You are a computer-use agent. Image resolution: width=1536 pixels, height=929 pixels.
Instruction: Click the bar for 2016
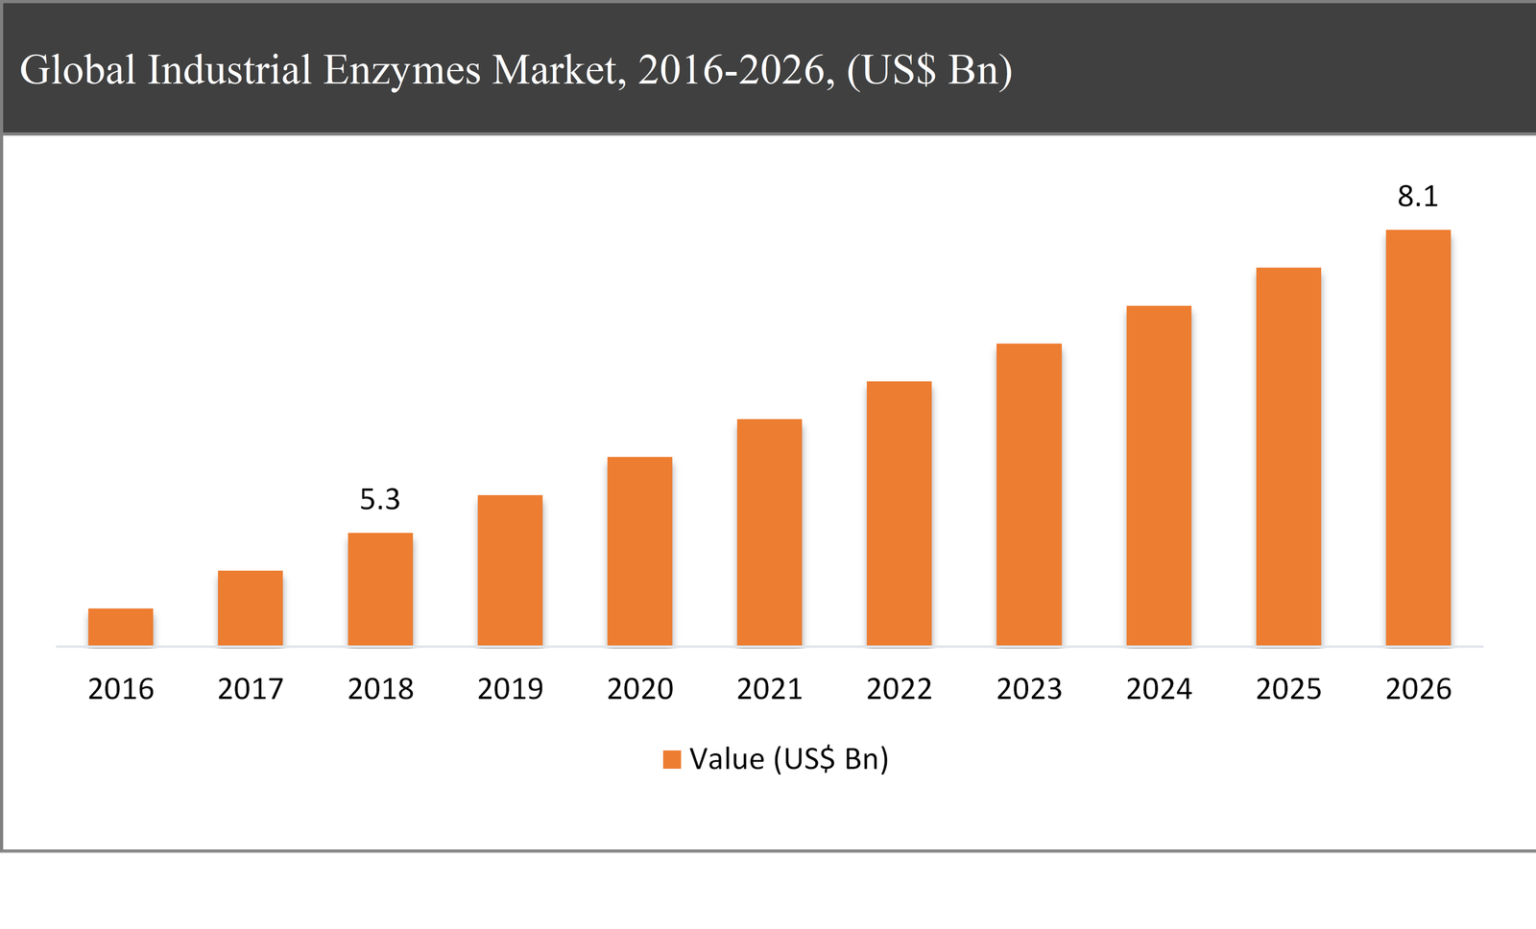[120, 627]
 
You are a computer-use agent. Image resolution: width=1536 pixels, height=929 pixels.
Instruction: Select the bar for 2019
[510, 570]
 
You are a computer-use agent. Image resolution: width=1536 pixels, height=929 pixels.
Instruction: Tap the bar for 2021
[769, 533]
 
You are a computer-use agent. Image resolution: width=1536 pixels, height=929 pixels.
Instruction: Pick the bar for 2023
[1028, 494]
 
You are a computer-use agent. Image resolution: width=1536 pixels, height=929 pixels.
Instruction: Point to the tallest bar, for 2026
[1417, 438]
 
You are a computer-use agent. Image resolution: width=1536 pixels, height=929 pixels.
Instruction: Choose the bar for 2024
[1158, 476]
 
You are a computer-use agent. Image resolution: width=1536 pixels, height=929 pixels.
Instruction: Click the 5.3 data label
[379, 499]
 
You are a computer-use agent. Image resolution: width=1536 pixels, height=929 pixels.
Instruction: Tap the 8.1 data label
[1417, 197]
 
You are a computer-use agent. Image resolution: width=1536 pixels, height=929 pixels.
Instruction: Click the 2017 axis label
[250, 689]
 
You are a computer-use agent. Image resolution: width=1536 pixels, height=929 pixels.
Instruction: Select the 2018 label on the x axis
[380, 689]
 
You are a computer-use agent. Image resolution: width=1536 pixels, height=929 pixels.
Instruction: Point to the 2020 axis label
[639, 689]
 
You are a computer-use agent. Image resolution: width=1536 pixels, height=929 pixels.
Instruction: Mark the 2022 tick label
[899, 689]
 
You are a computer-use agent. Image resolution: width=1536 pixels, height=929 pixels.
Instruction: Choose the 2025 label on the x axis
[1288, 689]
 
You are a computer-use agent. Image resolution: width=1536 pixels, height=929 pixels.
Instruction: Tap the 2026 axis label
[1418, 689]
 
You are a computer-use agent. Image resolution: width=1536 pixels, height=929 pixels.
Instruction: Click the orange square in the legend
[672, 760]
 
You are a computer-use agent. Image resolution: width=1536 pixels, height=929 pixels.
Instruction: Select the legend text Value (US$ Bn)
[788, 759]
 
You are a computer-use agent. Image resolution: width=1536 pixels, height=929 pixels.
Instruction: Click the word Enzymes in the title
[401, 70]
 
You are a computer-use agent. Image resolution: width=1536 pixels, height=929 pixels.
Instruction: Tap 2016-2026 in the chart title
[735, 70]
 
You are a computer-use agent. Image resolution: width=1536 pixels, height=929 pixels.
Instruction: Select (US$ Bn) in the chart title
[929, 70]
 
